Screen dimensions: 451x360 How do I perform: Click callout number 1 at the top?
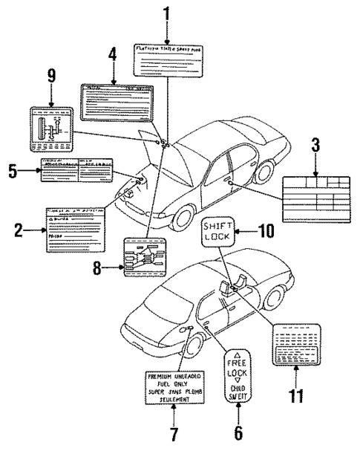[166, 13]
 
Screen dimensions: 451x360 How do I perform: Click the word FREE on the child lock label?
[238, 366]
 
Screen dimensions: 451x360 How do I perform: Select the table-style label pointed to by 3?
[315, 190]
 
